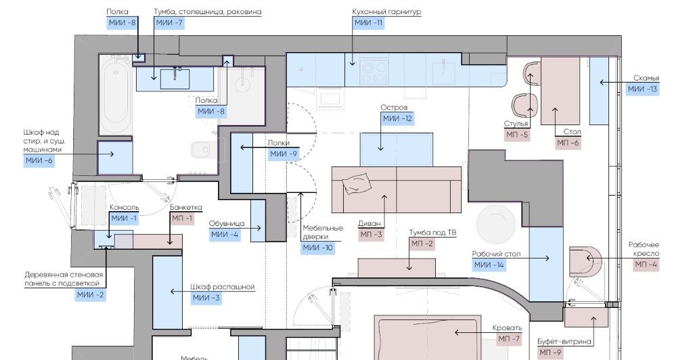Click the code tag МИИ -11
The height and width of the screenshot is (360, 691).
(x=368, y=23)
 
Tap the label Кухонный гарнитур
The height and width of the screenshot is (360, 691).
(x=386, y=12)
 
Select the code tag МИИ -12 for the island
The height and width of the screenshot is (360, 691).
(x=397, y=118)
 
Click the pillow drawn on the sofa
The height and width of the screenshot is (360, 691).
(x=357, y=183)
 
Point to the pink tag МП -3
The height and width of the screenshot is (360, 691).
(x=372, y=234)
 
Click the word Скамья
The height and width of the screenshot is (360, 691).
(x=646, y=78)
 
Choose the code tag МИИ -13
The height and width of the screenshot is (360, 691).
(x=642, y=89)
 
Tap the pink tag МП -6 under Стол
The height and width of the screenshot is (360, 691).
(x=568, y=143)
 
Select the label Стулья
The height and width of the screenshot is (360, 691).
(x=516, y=124)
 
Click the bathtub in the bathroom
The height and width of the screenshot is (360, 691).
(x=116, y=95)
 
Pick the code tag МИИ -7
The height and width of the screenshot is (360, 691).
(x=169, y=23)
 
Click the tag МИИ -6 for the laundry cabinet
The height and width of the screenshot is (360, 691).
(x=39, y=160)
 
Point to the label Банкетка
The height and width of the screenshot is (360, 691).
(x=186, y=208)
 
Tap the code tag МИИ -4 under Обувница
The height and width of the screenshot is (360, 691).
(x=225, y=234)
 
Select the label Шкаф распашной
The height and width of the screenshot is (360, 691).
(x=223, y=287)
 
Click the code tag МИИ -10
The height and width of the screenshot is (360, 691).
(x=317, y=248)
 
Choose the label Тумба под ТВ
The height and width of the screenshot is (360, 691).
(x=432, y=233)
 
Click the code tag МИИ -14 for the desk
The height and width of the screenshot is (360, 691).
(x=489, y=265)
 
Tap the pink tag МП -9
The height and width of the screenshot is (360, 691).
(x=550, y=353)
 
